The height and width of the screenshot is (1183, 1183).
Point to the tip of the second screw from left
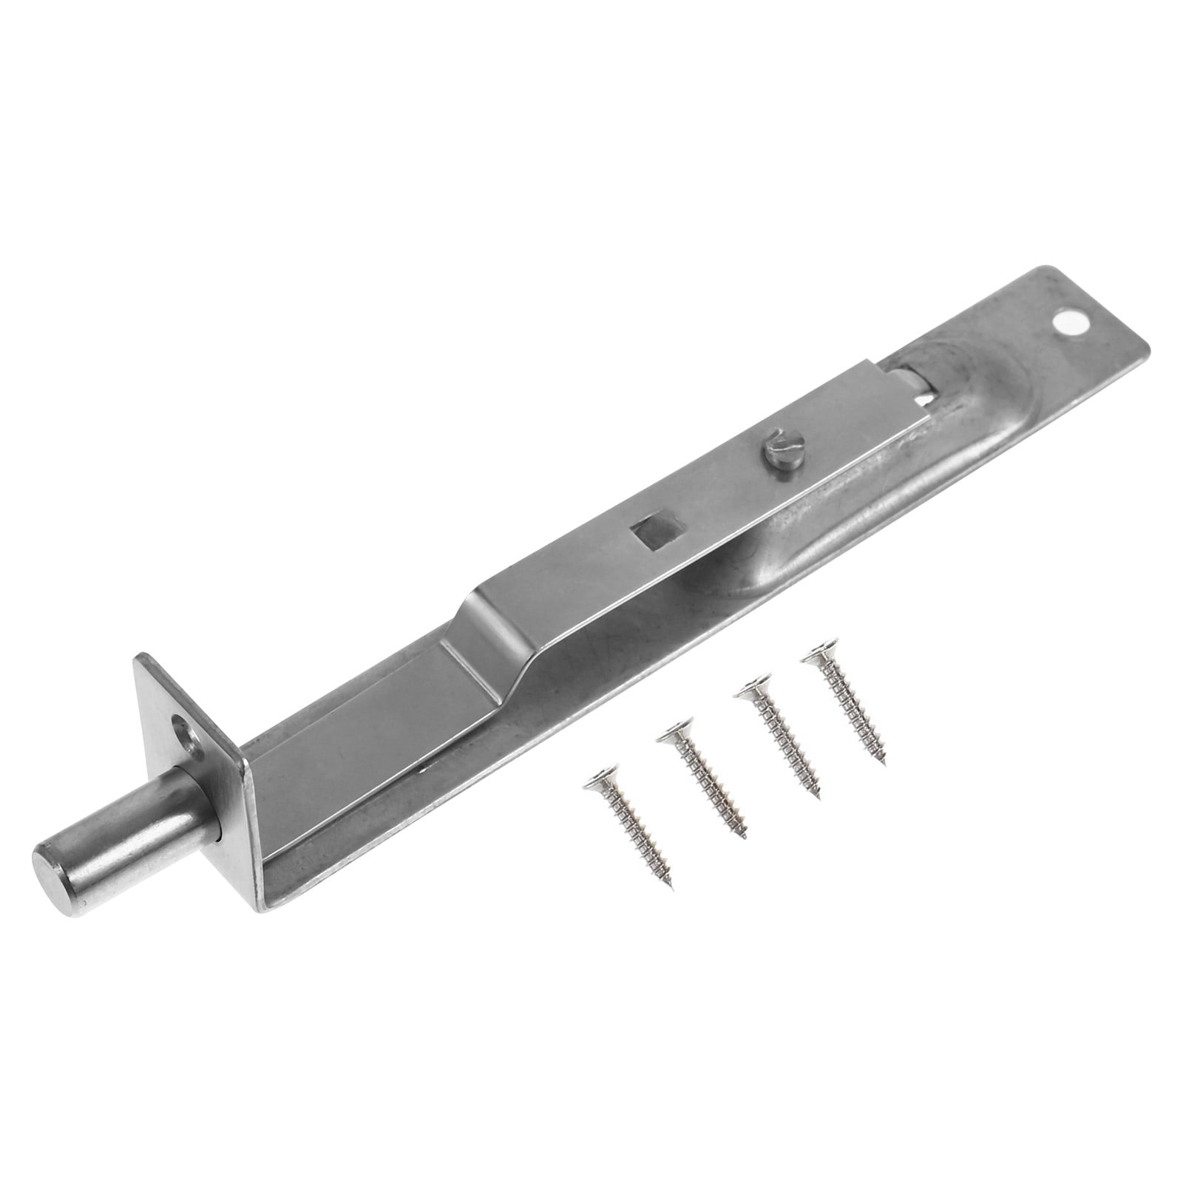pyautogui.click(x=745, y=838)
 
